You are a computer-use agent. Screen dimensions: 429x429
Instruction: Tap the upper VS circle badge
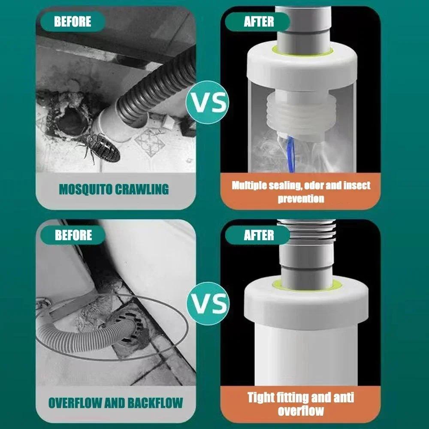point(207,103)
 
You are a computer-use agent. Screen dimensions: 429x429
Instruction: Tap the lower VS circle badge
point(207,303)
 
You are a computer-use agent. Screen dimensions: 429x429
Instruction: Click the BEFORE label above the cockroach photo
point(73,21)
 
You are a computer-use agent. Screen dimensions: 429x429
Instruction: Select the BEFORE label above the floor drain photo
point(73,235)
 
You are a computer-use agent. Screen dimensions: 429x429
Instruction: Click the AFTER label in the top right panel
point(259,21)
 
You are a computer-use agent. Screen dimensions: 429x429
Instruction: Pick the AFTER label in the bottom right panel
point(259,235)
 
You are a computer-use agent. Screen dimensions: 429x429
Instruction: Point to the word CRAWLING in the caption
point(142,189)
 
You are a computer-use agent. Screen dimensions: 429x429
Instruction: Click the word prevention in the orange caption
point(301,199)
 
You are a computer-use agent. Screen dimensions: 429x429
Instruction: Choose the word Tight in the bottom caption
point(260,397)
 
